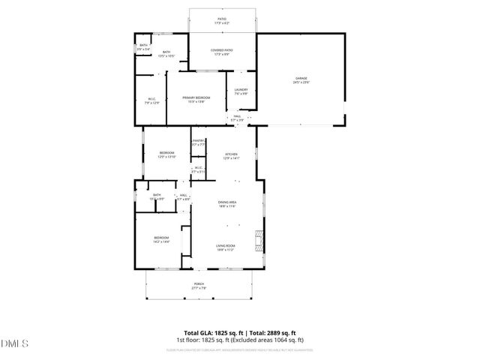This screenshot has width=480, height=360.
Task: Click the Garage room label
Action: point(301,80)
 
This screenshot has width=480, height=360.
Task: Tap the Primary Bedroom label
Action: point(196,100)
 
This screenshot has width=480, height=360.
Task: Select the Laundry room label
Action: point(241,91)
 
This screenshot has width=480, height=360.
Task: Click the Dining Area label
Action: point(227,203)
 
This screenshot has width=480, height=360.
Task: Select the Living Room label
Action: point(226,247)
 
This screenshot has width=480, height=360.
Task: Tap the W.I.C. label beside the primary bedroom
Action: point(151,100)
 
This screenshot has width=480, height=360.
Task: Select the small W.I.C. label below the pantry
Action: point(198,169)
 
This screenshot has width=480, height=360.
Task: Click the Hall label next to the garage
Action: point(237,118)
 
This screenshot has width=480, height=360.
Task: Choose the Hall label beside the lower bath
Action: point(183,196)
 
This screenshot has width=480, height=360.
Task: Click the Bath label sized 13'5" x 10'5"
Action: point(166,53)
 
